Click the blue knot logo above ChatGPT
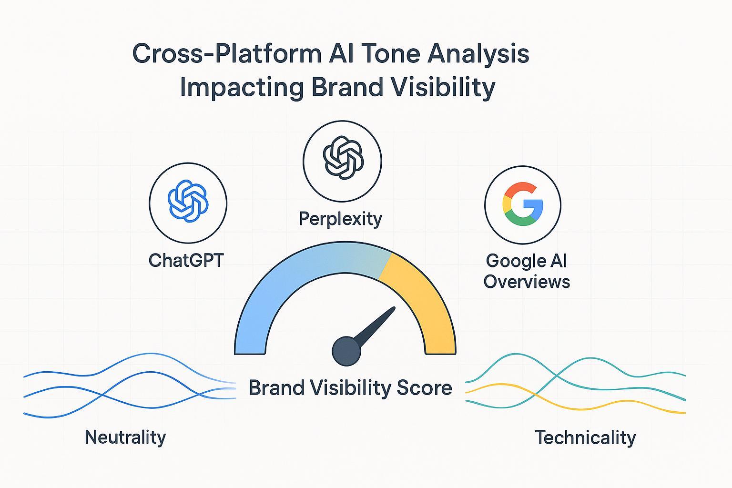click(x=188, y=202)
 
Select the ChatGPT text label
click(x=186, y=260)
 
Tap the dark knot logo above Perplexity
click(x=343, y=158)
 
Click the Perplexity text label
click(x=340, y=219)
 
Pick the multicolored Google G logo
click(x=522, y=204)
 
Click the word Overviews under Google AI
click(x=527, y=282)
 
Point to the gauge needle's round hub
click(x=346, y=351)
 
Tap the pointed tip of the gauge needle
click(x=393, y=308)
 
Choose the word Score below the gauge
click(x=424, y=387)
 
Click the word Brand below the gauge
click(x=276, y=387)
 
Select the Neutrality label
click(x=125, y=437)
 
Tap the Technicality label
click(x=585, y=437)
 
